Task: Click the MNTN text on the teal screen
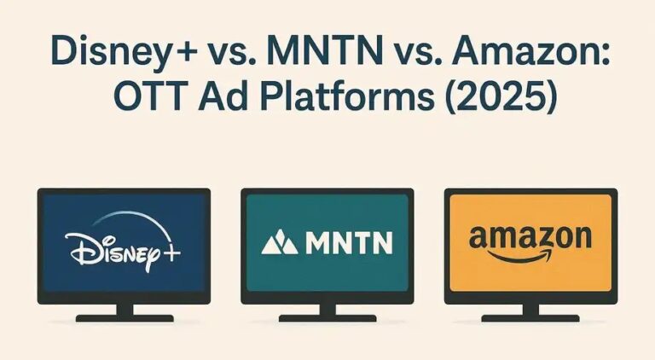coord(348,245)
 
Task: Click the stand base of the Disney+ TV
coord(123,318)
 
